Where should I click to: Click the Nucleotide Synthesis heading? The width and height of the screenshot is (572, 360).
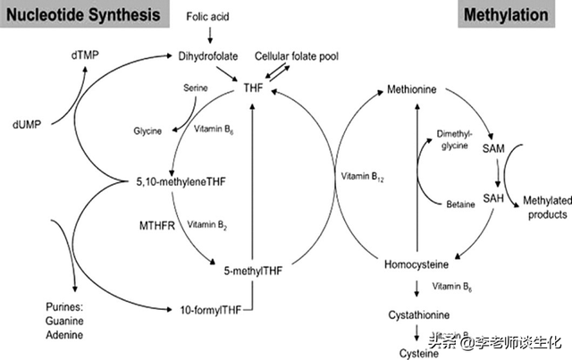85,14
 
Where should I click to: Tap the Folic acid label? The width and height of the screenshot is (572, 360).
208,17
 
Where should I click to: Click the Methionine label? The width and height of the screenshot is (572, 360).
416,90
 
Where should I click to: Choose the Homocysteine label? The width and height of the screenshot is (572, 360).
416,264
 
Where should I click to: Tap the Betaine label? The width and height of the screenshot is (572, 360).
459,204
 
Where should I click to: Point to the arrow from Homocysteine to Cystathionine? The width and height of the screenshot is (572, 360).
416,289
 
